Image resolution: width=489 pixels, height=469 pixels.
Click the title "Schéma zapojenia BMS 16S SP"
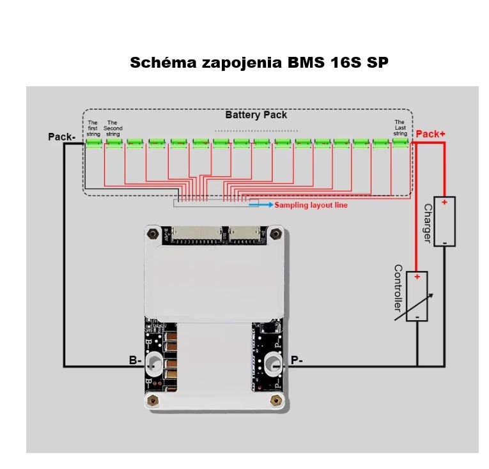coord(259,63)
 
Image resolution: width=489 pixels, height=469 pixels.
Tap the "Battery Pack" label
coord(256,115)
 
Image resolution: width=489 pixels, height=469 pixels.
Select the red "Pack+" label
coord(431,134)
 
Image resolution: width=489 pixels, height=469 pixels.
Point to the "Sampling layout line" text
coord(311,205)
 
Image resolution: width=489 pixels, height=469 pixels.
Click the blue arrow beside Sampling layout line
coord(262,205)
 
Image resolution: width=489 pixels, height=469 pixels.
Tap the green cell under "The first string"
coord(94,143)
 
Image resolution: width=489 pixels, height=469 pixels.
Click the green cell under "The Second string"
coord(114,143)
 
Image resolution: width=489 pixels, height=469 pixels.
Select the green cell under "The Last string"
coord(400,143)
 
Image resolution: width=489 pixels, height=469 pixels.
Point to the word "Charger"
coord(427,223)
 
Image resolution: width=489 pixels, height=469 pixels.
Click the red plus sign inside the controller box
coord(417,277)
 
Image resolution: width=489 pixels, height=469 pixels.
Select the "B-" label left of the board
coord(135,361)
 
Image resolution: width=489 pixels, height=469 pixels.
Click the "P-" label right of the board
coord(297,361)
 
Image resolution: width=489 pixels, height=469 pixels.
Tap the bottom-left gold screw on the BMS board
coord(152,401)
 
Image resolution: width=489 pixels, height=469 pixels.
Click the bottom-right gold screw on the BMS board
coord(276,401)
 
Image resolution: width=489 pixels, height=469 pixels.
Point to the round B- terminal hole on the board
coord(154,365)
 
